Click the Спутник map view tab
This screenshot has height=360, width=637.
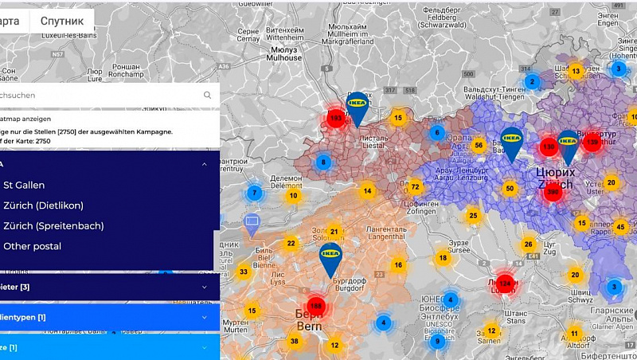pos(62,21)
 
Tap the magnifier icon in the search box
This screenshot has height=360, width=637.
pos(207,96)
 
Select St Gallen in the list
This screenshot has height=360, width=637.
pos(24,185)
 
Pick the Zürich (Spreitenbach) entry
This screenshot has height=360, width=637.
pos(53,226)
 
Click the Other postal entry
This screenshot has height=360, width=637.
pos(32,247)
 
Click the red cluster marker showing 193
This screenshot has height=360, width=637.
pos(335,119)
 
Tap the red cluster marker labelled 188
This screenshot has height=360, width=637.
pos(316,306)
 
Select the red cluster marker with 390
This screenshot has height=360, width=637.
pos(553,192)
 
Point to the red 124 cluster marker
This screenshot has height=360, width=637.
pos(505,283)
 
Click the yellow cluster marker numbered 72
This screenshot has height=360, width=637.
pos(415,187)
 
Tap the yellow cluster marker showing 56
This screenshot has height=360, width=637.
pos(479,145)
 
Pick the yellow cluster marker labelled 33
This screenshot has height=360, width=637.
pos(244,272)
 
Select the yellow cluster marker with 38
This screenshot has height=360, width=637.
pos(295,341)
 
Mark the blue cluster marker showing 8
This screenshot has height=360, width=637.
pos(322,162)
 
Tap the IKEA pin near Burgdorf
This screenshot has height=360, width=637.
pos(330,257)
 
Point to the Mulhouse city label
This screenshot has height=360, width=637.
pos(284,58)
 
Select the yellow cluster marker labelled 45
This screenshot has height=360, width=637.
pos(620,228)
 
